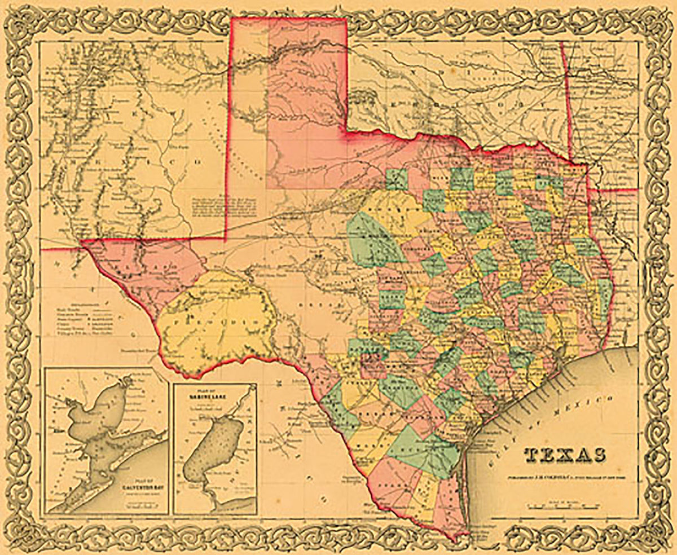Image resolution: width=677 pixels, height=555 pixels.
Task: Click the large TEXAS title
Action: pyautogui.click(x=566, y=455)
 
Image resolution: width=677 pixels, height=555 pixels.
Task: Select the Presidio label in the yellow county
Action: pyautogui.click(x=217, y=319)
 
